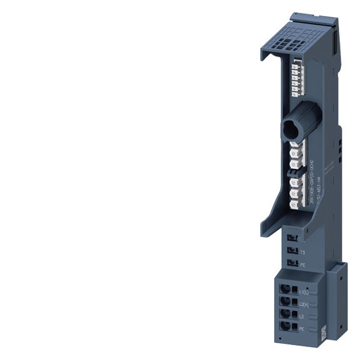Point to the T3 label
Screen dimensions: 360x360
click(302, 252)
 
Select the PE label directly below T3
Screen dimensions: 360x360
click(302, 265)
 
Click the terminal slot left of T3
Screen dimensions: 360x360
click(291, 251)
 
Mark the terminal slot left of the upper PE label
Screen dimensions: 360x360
click(291, 264)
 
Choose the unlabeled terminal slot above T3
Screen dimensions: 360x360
click(291, 238)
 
